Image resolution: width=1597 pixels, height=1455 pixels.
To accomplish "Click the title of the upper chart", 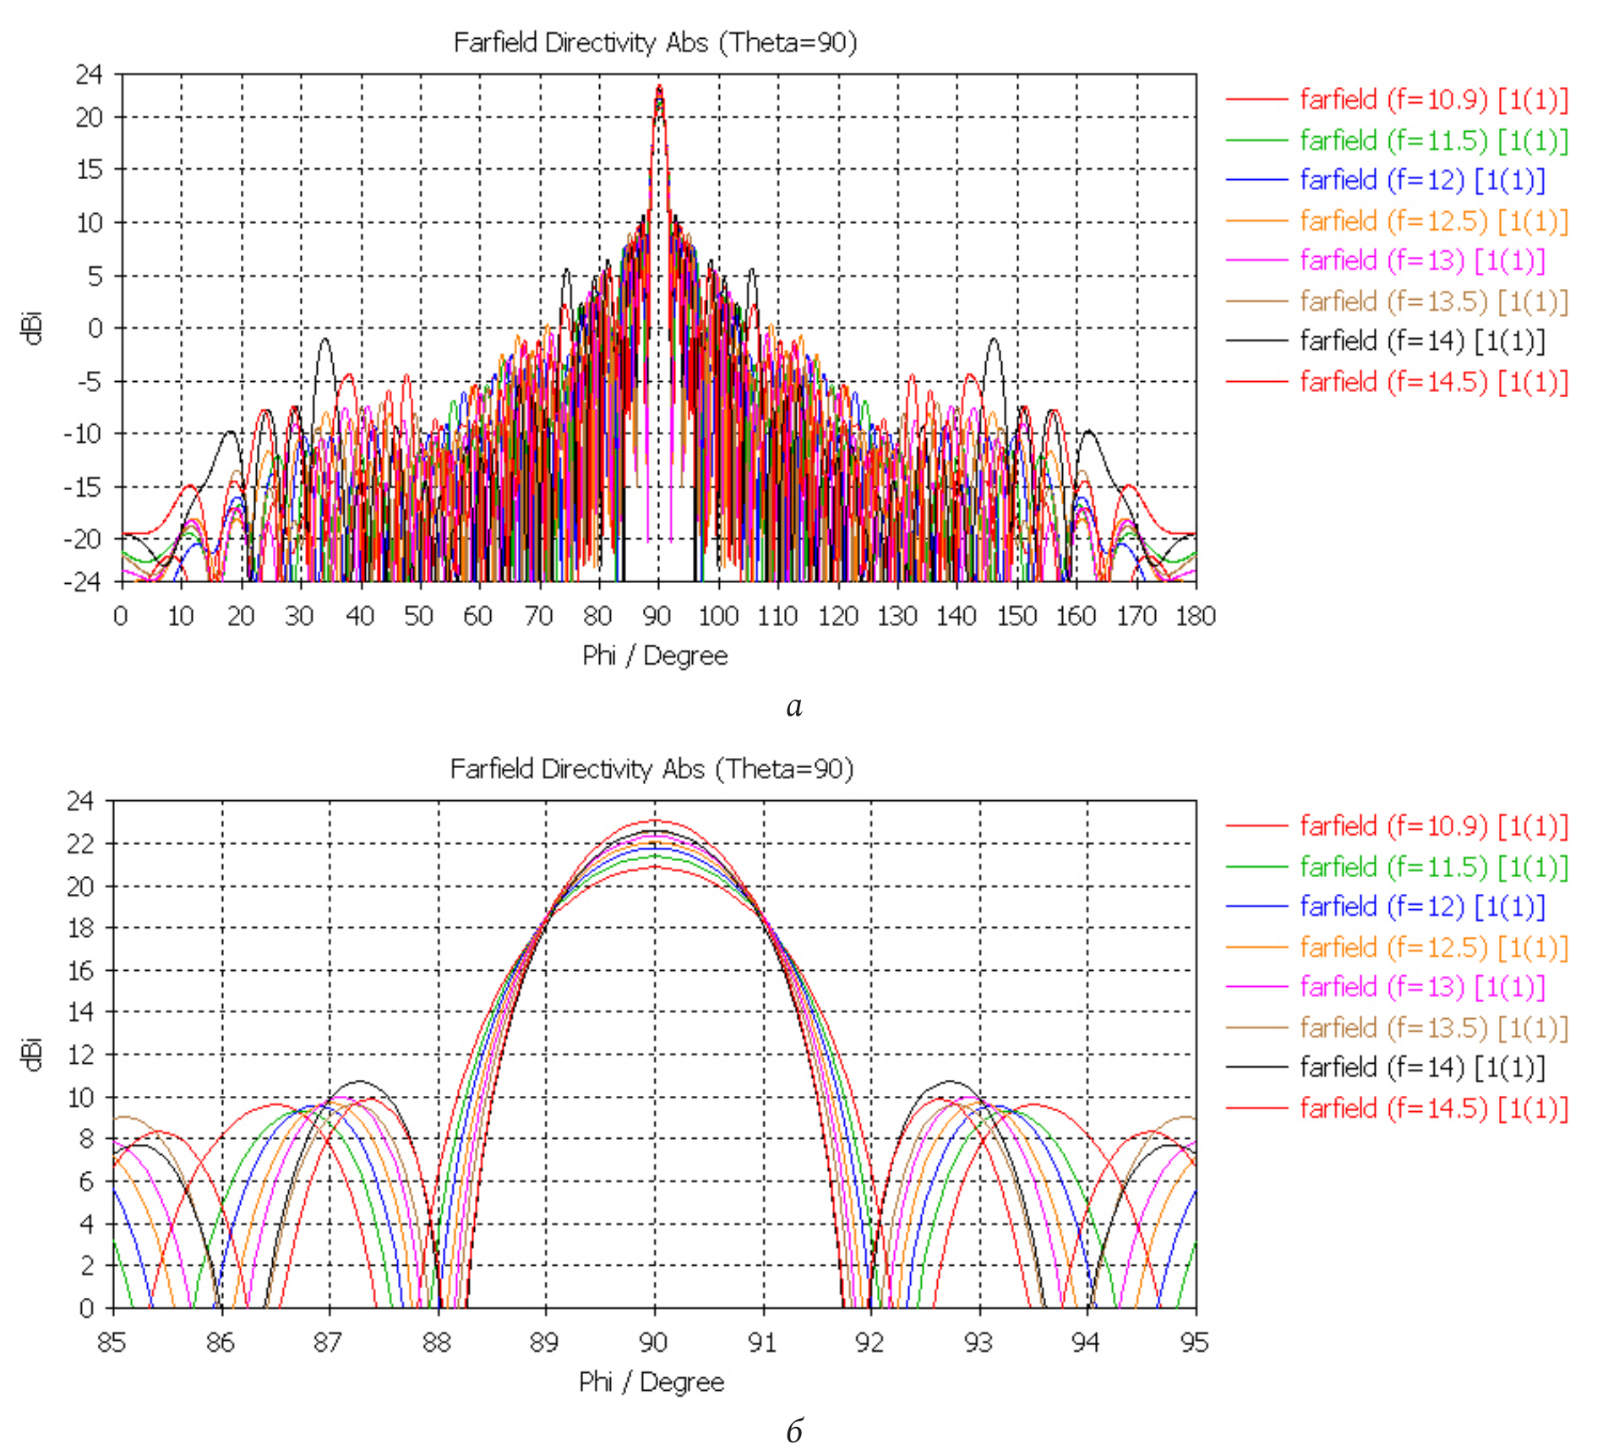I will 655,42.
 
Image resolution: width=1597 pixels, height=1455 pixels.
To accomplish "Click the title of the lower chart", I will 651,769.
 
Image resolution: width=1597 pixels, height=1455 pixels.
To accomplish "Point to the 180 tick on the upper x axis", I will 1196,616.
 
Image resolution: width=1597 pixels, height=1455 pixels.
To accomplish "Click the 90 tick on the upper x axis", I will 657,616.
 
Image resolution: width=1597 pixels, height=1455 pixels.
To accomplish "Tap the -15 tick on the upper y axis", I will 83,488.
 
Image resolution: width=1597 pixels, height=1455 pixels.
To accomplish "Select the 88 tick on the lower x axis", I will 437,1343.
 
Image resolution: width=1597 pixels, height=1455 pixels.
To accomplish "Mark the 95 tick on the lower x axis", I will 1195,1343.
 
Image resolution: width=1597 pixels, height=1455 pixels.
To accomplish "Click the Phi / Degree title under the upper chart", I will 655,656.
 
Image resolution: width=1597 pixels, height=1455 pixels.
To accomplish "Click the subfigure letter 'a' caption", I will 794,706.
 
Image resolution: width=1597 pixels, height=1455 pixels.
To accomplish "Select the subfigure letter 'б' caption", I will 794,1430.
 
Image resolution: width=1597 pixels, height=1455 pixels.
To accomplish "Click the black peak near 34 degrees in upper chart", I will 324,340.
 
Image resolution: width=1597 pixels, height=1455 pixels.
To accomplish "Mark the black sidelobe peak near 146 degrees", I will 994,340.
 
